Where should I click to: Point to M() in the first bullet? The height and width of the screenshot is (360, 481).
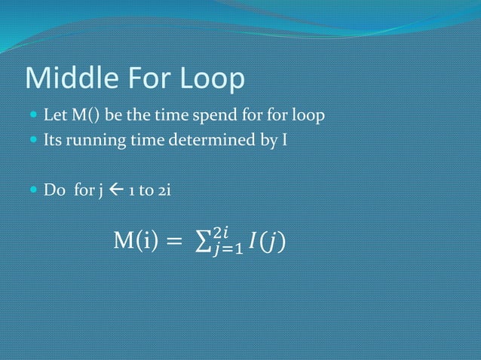[85, 117]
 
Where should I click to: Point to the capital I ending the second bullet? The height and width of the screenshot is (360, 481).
[283, 140]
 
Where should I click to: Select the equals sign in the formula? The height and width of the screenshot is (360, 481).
[174, 243]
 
